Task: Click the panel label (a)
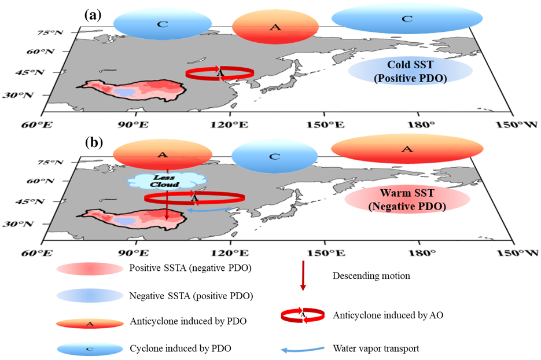click(x=93, y=15)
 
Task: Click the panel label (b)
click(x=94, y=142)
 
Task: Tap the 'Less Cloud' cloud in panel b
click(x=167, y=181)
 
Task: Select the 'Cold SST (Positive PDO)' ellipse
click(x=410, y=71)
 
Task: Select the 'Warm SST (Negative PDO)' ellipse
click(x=407, y=200)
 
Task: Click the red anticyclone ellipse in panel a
click(x=275, y=27)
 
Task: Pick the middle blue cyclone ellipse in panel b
click(x=274, y=156)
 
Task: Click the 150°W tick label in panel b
click(x=517, y=253)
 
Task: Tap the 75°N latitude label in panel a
click(x=50, y=33)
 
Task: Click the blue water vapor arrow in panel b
click(x=209, y=210)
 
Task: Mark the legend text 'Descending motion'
click(x=371, y=275)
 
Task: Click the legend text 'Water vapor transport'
click(x=376, y=348)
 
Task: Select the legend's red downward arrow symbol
click(x=303, y=275)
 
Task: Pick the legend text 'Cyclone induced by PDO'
click(x=181, y=348)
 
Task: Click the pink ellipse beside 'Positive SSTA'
click(x=90, y=269)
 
